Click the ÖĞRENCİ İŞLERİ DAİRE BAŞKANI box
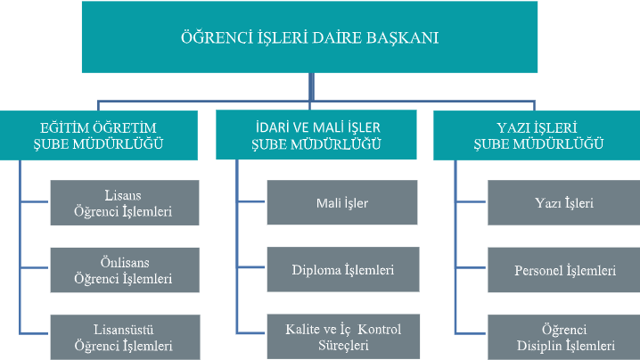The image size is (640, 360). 309,37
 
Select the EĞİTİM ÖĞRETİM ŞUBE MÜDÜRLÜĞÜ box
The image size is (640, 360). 99,135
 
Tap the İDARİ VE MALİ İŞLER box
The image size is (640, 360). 316,135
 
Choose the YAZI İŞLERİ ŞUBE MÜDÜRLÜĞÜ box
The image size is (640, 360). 537,135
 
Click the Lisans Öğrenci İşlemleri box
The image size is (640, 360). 125,203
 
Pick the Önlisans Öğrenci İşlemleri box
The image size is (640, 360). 125,270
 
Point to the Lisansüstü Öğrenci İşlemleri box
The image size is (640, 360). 126,337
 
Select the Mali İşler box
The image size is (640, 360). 342,202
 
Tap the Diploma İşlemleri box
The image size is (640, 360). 343,269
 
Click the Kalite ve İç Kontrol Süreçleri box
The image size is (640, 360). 343,336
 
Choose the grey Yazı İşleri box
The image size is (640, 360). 564,203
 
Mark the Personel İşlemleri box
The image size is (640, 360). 564,270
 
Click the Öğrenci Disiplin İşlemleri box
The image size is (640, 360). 564,337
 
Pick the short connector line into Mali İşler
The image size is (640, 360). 251,201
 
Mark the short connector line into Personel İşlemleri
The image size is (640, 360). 471,267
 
